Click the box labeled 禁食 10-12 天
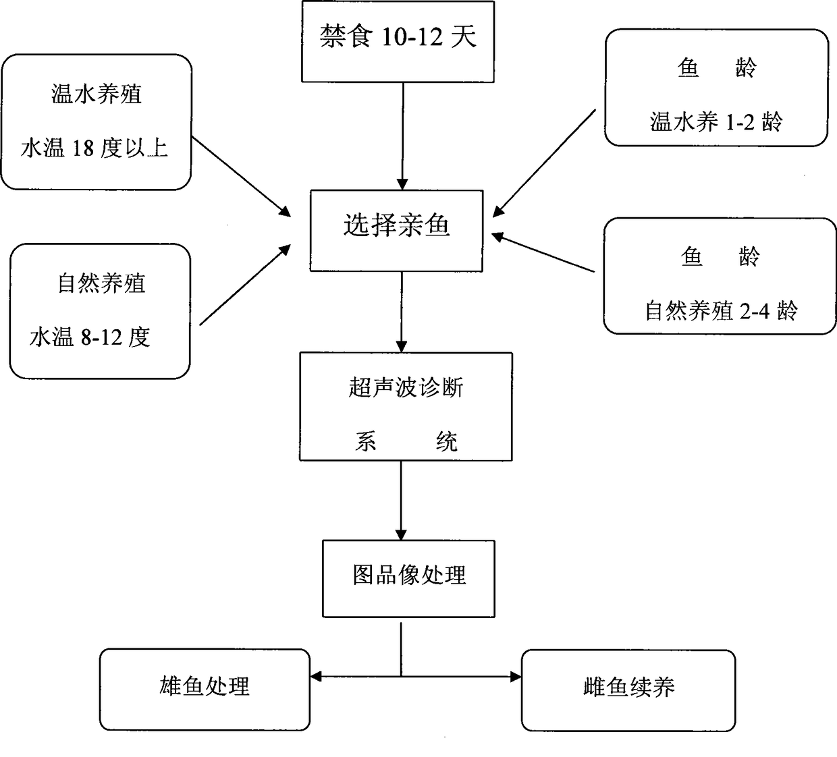click(398, 41)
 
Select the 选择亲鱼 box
click(396, 231)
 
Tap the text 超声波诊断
click(406, 388)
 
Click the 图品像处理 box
click(409, 578)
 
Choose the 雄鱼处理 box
click(205, 690)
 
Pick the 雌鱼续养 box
click(628, 690)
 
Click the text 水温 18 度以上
click(94, 148)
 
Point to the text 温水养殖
click(97, 94)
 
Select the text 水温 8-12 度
click(90, 337)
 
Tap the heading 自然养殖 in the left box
click(101, 283)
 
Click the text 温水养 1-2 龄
click(716, 122)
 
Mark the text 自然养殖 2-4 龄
click(721, 310)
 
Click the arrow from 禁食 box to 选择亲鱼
click(403, 136)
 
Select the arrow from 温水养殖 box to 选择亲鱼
click(241, 176)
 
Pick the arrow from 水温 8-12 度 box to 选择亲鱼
click(245, 285)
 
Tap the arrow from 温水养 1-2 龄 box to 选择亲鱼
click(544, 163)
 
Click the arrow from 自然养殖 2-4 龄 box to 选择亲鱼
click(543, 253)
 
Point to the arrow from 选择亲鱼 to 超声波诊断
click(402, 312)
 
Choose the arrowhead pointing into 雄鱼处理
click(316, 677)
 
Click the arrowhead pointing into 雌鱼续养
click(516, 677)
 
